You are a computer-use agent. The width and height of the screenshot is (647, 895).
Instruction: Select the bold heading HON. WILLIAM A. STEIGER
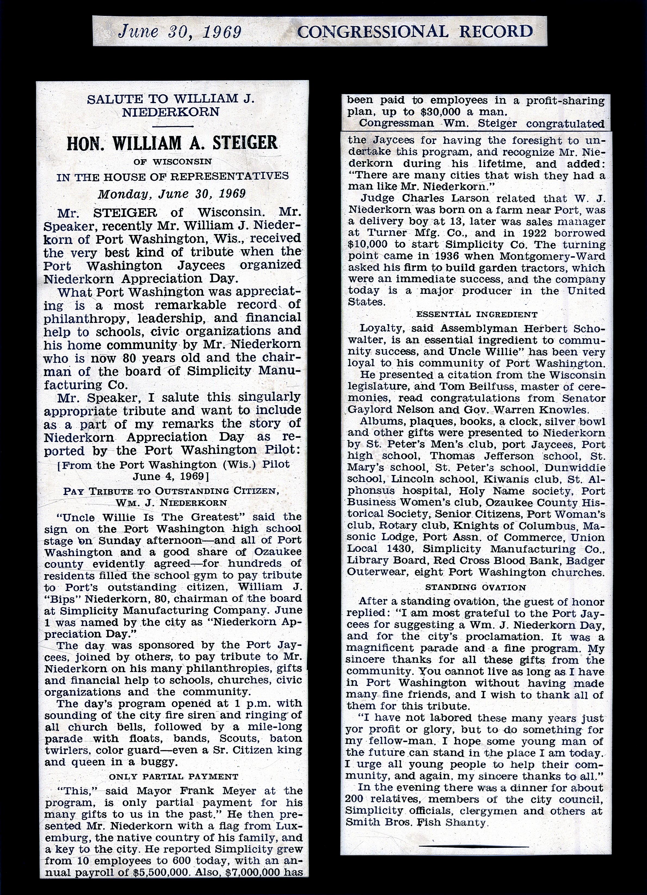[x=172, y=143]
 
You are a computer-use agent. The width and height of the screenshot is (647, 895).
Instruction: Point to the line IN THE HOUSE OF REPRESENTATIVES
[x=172, y=176]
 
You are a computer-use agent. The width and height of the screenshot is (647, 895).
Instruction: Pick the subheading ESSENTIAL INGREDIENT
[x=477, y=315]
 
